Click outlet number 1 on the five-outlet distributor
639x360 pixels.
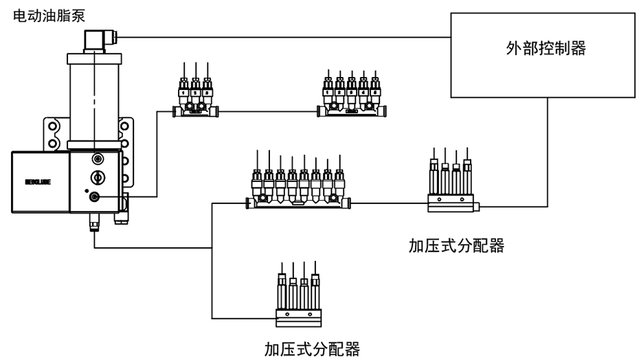(x=328, y=91)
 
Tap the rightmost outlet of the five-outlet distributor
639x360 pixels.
(x=375, y=91)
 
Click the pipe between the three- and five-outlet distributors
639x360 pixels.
(x=268, y=110)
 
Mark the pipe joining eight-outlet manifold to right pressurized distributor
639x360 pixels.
(x=388, y=202)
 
